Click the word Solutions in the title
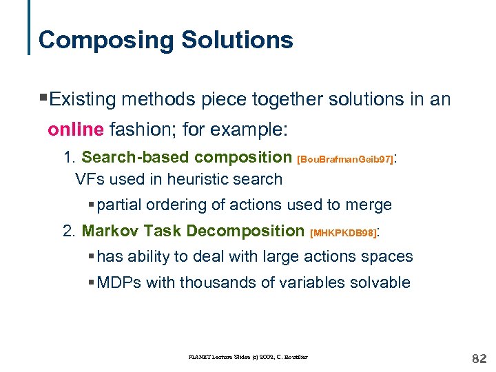pos(237,40)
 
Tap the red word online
pos(75,129)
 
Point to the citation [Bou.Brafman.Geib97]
pos(345,159)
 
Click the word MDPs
pos(118,282)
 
